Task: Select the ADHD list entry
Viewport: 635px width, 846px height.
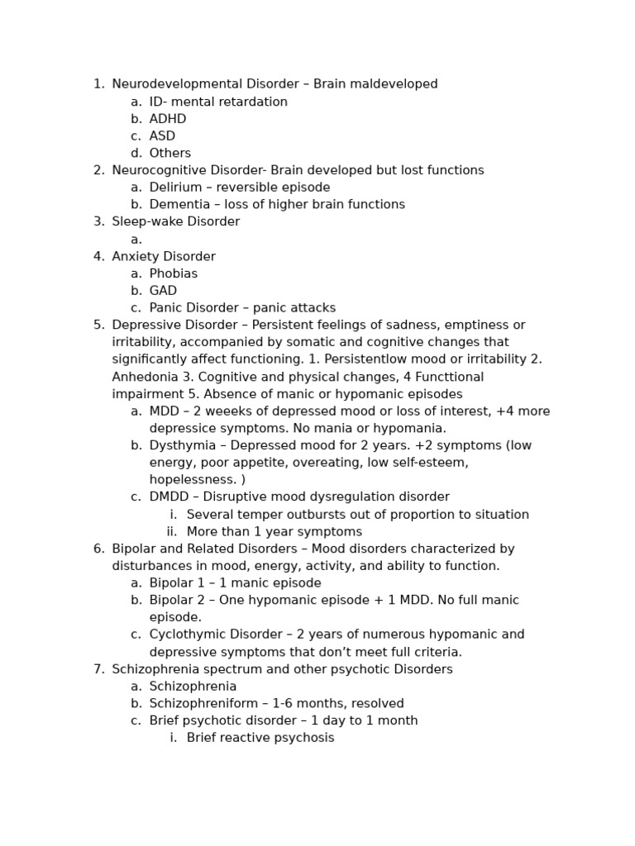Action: (168, 119)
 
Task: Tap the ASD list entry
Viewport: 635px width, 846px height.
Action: (162, 136)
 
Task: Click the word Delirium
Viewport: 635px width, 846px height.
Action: (175, 188)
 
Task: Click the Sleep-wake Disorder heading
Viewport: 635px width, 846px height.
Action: (175, 222)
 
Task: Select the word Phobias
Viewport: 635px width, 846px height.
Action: (174, 273)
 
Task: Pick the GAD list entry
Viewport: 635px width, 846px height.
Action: (163, 291)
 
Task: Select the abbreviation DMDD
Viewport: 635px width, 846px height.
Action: (169, 497)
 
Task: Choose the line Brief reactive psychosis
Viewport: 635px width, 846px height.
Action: (260, 738)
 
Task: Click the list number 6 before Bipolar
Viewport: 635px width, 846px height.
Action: (98, 549)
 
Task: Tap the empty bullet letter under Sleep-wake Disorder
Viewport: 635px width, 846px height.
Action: (136, 240)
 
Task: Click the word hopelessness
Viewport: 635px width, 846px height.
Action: (191, 480)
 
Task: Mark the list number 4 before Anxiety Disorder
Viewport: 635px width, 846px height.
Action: (98, 257)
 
